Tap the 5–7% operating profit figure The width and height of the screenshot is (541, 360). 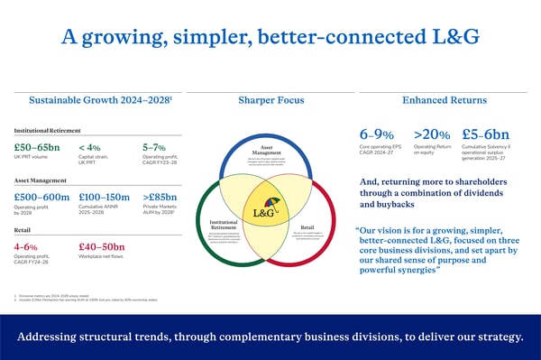[154, 148]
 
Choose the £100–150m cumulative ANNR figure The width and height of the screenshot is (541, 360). [107, 197]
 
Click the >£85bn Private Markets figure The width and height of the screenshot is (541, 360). [160, 197]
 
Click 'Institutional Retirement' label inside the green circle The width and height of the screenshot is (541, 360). [223, 224]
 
